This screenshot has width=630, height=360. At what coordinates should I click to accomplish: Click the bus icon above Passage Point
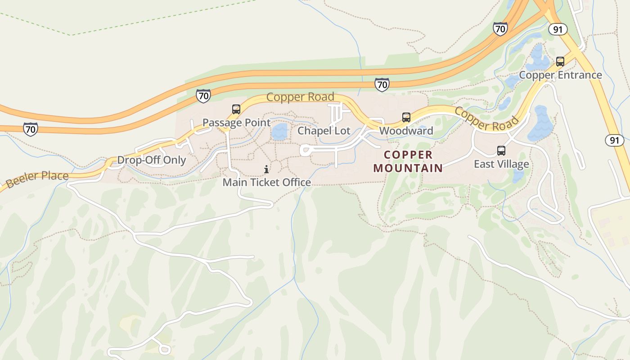click(x=236, y=109)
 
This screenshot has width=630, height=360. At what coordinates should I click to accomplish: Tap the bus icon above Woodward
click(x=406, y=117)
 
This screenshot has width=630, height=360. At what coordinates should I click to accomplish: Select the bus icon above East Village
click(x=501, y=151)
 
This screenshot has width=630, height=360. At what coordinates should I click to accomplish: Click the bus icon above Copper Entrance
click(x=560, y=62)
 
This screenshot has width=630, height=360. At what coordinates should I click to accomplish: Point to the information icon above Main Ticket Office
click(x=266, y=169)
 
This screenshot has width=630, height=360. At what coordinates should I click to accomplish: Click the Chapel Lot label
click(x=324, y=131)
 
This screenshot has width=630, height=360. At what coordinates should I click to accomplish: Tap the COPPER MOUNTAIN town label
click(x=408, y=162)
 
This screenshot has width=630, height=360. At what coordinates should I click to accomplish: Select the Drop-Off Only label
click(x=151, y=160)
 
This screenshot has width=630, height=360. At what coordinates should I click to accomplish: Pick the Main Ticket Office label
click(x=267, y=182)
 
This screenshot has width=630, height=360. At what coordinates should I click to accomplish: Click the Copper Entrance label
click(x=560, y=75)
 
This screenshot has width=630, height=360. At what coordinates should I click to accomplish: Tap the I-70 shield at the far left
click(x=31, y=129)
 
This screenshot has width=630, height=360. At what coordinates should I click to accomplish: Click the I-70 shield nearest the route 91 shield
click(x=500, y=29)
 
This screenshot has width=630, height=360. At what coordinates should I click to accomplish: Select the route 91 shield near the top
click(x=558, y=29)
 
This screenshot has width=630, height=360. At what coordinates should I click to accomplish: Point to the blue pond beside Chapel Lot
click(x=280, y=132)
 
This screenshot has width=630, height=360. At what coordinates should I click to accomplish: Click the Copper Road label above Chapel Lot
click(x=300, y=97)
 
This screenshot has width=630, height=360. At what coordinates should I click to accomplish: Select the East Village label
click(x=501, y=164)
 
